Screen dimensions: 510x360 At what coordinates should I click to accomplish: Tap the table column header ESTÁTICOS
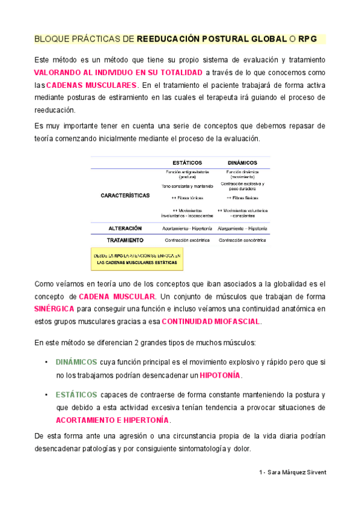click(187, 162)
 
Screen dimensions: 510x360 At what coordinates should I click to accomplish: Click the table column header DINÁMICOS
click(242, 162)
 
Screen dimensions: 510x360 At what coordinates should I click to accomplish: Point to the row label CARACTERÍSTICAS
click(125, 195)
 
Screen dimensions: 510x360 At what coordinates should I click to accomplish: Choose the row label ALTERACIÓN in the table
click(125, 229)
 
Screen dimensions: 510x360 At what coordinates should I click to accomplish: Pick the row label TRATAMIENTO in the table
click(125, 240)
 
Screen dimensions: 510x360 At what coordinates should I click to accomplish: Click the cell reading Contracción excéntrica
click(187, 240)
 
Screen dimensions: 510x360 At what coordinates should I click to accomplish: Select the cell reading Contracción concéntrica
click(243, 240)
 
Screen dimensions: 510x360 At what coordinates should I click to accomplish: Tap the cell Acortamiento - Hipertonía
click(187, 229)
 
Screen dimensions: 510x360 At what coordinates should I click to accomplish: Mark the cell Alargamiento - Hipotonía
click(243, 229)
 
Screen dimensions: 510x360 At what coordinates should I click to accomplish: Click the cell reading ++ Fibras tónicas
click(187, 197)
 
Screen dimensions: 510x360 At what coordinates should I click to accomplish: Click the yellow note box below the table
click(136, 259)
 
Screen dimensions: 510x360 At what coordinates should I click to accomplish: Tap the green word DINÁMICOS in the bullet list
click(76, 362)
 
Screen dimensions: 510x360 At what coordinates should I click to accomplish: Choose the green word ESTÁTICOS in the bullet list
click(76, 395)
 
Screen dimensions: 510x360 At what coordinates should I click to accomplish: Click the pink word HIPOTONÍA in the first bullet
click(220, 375)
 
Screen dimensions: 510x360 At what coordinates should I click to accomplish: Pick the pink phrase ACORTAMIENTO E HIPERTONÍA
click(113, 420)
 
